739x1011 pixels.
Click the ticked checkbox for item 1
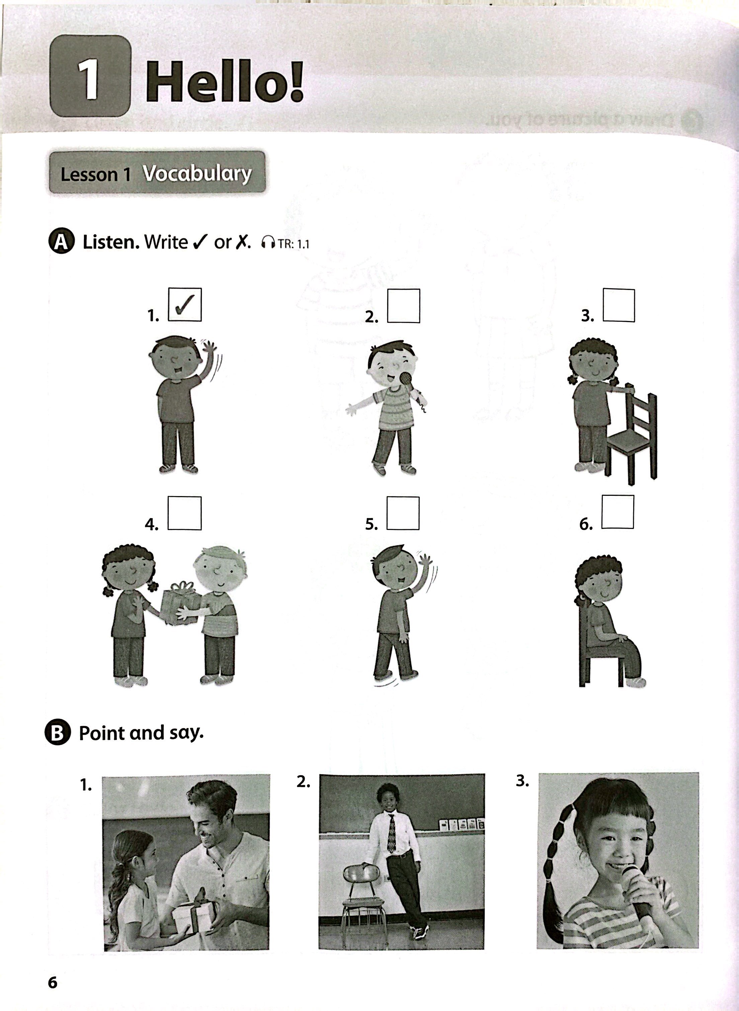click(x=184, y=305)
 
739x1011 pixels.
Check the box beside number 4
click(x=184, y=514)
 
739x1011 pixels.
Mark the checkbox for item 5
click(x=403, y=514)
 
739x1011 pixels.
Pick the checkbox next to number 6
click(x=618, y=512)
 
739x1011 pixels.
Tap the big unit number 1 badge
click(x=90, y=76)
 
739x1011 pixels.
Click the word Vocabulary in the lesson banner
click(x=197, y=173)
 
